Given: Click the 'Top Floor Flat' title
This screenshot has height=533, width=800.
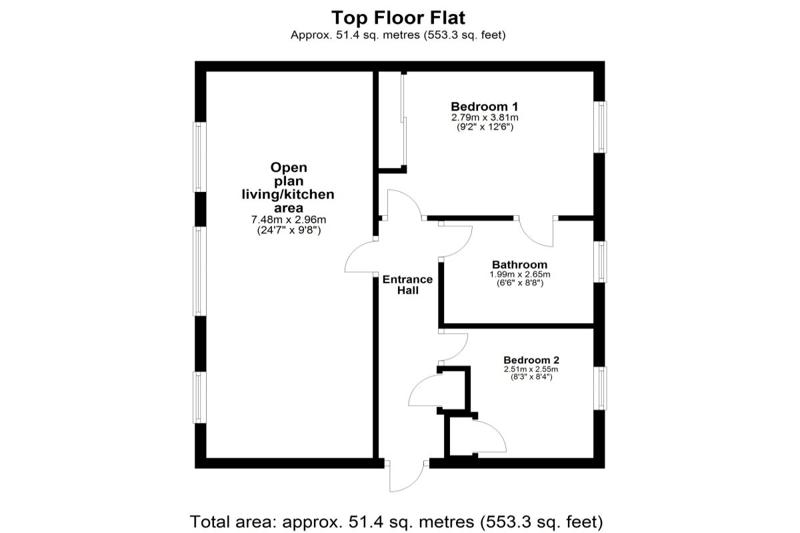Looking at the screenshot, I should [398, 17].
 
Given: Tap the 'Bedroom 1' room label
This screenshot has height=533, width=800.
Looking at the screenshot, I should [484, 106].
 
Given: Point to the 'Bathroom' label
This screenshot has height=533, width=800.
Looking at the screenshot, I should [519, 265].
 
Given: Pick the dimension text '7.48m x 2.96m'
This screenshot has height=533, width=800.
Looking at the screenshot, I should [288, 220].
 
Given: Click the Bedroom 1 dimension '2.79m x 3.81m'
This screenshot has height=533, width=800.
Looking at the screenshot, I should [484, 117].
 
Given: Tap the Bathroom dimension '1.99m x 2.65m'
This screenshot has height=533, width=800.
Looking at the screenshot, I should [519, 274].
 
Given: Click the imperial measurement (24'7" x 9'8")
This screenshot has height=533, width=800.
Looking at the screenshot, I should [288, 230].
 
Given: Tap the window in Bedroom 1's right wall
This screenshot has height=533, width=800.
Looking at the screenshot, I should [601, 127].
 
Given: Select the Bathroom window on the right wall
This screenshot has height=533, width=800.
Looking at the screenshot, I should [601, 261].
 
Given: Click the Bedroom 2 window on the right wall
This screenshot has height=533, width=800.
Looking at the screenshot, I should [601, 388].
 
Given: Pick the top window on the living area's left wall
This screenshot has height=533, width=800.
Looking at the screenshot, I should [199, 157].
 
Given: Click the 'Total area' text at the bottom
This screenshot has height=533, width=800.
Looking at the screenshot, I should [397, 520].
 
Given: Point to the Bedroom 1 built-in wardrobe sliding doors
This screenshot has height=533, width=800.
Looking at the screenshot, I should [403, 120].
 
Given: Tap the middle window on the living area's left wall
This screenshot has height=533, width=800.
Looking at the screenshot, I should [199, 270].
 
